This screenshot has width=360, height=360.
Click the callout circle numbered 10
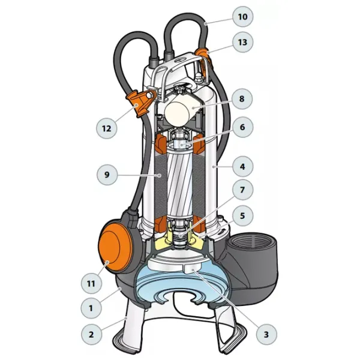pyautogui.click(x=242, y=17)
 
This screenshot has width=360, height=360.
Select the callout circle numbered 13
pyautogui.click(x=242, y=42)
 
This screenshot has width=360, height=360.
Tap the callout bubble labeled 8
pyautogui.click(x=242, y=99)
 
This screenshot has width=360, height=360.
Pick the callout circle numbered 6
pyautogui.click(x=242, y=127)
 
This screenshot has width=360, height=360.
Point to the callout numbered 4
pyautogui.click(x=242, y=167)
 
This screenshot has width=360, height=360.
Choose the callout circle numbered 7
pyautogui.click(x=242, y=190)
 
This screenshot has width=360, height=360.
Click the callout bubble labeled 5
pyautogui.click(x=242, y=215)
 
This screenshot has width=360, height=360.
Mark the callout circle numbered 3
pyautogui.click(x=266, y=334)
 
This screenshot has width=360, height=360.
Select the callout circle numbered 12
pyautogui.click(x=107, y=128)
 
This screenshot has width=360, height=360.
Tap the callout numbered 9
pyautogui.click(x=107, y=175)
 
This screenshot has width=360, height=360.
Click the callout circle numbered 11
pyautogui.click(x=91, y=284)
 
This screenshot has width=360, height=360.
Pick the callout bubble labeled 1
pyautogui.click(x=91, y=308)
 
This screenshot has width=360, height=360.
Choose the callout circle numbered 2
pyautogui.click(x=91, y=334)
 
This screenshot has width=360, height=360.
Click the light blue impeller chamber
pyautogui.click(x=181, y=284)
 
